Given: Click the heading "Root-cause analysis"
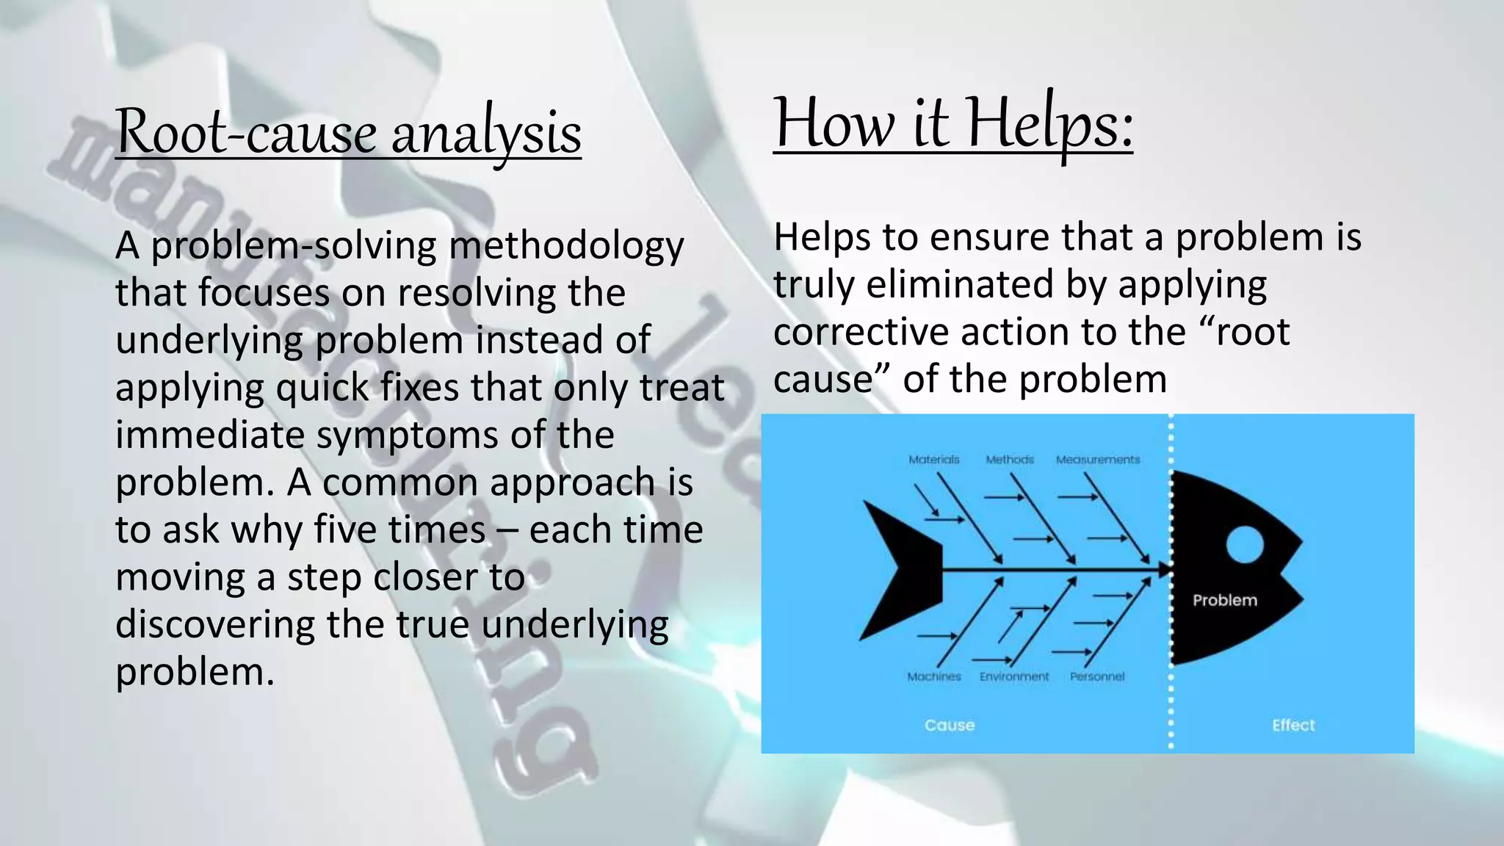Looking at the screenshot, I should pyautogui.click(x=348, y=132).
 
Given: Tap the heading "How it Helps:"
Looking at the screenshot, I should pyautogui.click(x=952, y=123).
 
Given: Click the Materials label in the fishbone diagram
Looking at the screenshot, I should pyautogui.click(x=933, y=460).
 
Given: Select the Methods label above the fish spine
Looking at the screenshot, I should pyautogui.click(x=1010, y=460).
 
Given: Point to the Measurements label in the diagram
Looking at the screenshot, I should pyautogui.click(x=1098, y=460).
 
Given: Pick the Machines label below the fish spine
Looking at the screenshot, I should pyautogui.click(x=933, y=676).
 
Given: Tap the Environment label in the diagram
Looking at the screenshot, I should pyautogui.click(x=1014, y=676).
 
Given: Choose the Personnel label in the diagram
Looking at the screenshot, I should pyautogui.click(x=1097, y=676).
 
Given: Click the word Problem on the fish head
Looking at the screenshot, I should pyautogui.click(x=1224, y=600).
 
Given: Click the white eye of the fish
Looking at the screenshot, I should pyautogui.click(x=1244, y=544).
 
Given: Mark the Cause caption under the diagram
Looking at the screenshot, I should pyautogui.click(x=950, y=726).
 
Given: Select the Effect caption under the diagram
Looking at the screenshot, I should pyautogui.click(x=1293, y=726).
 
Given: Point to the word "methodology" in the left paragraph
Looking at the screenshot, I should pyautogui.click(x=566, y=247).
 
